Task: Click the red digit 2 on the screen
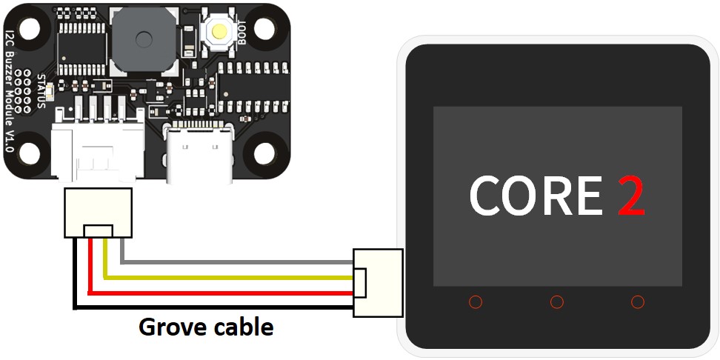(631, 196)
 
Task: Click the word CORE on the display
(536, 196)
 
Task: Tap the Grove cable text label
(206, 327)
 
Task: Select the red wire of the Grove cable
(222, 293)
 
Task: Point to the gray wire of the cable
(237, 262)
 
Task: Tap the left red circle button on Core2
(476, 302)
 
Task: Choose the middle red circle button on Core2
(557, 302)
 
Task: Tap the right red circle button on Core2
(638, 302)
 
